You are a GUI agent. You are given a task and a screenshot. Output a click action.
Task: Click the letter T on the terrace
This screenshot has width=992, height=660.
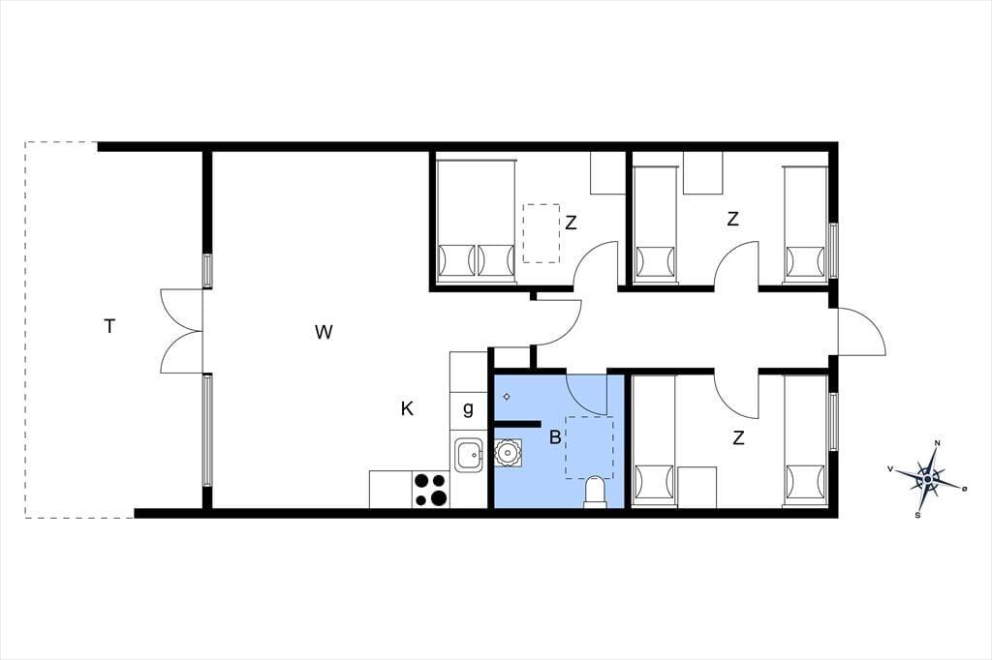point(110,327)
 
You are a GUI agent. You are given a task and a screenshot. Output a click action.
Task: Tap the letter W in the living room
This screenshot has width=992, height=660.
point(324,332)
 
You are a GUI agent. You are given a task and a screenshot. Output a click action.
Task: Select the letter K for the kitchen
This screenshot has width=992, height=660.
point(407,409)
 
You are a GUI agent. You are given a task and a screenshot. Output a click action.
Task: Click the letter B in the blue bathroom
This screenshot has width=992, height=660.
point(555,436)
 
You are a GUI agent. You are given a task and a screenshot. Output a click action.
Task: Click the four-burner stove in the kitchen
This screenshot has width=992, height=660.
point(430,490)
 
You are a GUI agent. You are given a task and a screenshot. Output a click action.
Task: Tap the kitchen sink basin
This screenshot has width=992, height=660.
point(469,453)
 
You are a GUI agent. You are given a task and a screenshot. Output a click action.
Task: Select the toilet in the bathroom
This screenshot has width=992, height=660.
point(595,492)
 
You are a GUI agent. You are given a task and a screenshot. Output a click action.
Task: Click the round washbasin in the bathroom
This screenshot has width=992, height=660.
point(508,453)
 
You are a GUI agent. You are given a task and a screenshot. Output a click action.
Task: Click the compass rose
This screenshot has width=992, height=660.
point(927,479)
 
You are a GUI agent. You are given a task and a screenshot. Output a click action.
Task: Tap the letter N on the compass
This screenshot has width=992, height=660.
point(938,442)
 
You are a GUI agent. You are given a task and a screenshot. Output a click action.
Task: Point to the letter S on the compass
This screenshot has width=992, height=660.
point(917,515)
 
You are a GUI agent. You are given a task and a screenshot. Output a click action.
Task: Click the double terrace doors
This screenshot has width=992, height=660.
point(181,331)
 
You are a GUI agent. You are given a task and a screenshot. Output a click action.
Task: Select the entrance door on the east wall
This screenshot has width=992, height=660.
point(861,331)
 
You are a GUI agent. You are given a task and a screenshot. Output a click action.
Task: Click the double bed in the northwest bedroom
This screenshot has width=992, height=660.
point(476,219)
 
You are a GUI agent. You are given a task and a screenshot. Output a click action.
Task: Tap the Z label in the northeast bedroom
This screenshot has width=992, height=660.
point(732,220)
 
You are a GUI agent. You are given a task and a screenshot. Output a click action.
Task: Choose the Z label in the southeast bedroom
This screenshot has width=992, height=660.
point(737,437)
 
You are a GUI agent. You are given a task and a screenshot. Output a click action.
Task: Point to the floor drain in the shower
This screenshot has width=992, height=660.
point(507,397)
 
